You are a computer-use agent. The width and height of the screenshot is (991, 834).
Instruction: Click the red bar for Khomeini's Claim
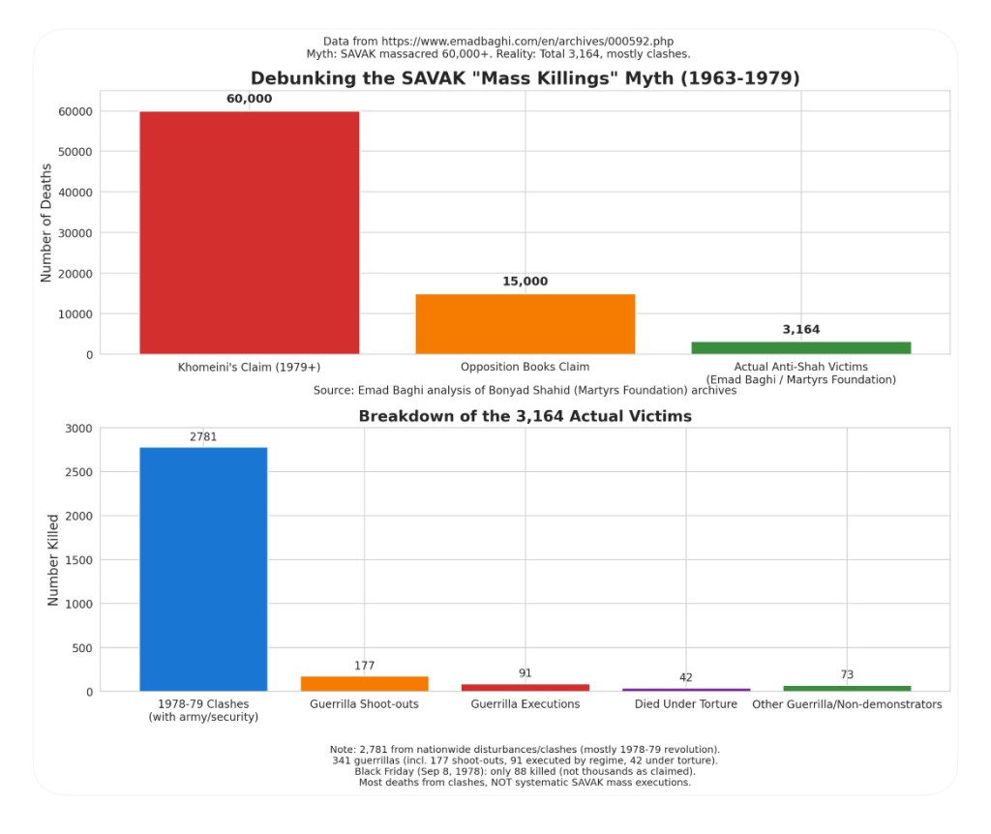point(249,232)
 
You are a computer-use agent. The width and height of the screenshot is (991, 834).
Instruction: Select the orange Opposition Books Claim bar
point(526,323)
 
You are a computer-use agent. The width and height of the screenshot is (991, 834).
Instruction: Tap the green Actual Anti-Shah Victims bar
point(801,347)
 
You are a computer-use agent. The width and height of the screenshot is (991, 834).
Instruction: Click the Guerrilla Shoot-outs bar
point(364,683)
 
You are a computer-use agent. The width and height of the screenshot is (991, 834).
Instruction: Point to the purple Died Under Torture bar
point(686,689)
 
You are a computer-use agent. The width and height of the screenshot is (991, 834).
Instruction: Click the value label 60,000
point(249,99)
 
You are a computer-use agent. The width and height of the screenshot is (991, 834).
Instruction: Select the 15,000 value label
point(526,282)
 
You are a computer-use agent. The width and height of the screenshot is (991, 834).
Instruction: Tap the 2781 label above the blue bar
point(203,436)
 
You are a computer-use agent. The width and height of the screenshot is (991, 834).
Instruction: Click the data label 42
point(686,677)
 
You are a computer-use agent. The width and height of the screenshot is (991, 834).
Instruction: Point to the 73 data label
point(847,674)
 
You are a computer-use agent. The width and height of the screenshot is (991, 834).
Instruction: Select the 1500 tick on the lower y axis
point(77,560)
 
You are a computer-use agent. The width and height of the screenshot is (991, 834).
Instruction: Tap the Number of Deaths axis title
point(46,223)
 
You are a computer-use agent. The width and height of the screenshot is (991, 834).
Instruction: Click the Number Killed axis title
point(53,560)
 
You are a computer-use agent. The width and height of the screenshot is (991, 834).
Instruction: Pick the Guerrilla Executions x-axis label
point(526,704)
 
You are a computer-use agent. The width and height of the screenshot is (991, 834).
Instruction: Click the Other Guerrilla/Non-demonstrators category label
point(847,704)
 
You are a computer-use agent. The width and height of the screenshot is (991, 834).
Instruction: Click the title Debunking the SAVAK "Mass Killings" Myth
point(526,78)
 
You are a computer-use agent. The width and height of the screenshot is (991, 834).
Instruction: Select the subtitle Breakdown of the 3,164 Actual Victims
point(526,416)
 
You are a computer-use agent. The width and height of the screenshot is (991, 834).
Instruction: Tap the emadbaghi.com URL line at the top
point(498,42)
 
